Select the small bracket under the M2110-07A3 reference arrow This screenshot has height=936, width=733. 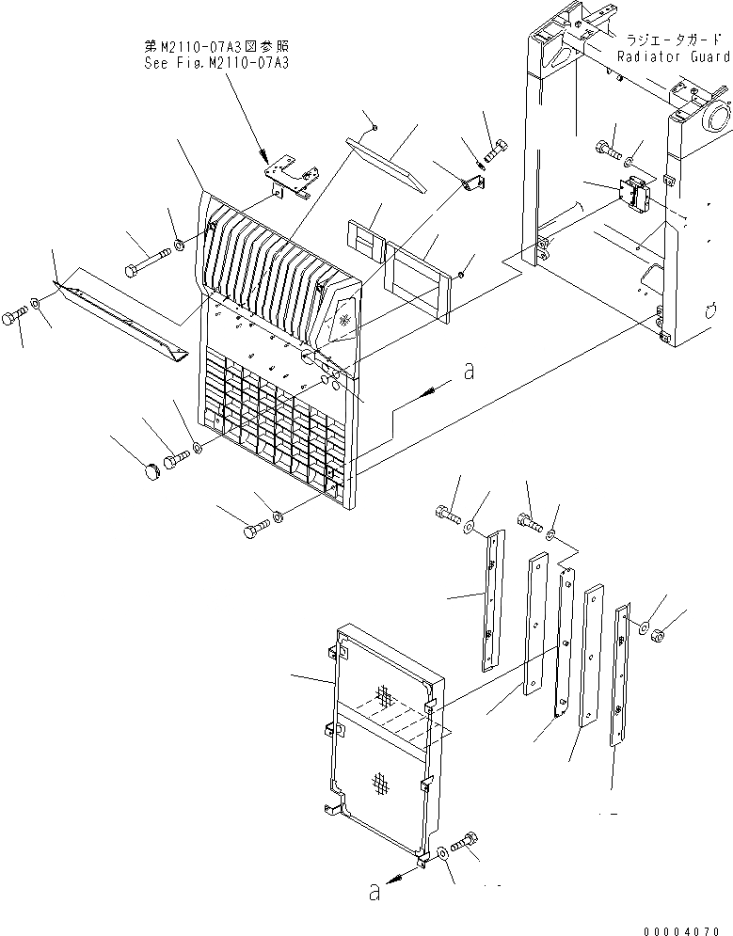point(292,180)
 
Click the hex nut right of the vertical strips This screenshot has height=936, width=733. point(660,636)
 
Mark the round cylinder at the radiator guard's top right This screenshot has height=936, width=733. point(713,119)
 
